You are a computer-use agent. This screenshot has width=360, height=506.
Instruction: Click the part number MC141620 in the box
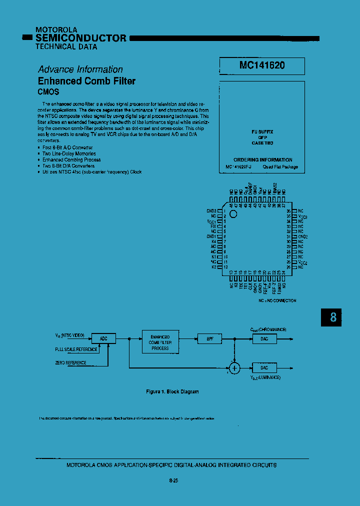(262, 65)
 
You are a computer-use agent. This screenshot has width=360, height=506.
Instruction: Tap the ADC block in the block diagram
(103, 338)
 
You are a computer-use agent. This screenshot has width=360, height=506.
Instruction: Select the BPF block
(209, 338)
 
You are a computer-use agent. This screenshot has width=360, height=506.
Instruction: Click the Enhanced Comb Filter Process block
(160, 342)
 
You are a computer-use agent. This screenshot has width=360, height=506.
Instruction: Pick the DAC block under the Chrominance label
(264, 338)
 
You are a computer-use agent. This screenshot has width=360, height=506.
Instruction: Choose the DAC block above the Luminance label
(264, 367)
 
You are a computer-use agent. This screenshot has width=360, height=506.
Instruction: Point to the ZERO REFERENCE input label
(70, 363)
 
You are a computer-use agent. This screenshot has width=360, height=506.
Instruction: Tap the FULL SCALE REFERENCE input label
(76, 349)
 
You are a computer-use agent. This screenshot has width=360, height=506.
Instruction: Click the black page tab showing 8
(333, 316)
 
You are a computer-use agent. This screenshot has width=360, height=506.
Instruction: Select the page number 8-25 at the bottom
(174, 480)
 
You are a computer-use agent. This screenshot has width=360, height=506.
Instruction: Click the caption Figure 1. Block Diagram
(172, 391)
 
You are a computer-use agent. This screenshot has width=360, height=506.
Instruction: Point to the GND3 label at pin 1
(211, 211)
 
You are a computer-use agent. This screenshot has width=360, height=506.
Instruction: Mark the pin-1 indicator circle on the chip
(233, 213)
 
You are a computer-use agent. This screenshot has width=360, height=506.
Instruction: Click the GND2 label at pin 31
(303, 236)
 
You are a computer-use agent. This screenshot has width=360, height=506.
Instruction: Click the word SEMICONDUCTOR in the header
(81, 38)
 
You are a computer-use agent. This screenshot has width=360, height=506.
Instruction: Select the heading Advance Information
(80, 69)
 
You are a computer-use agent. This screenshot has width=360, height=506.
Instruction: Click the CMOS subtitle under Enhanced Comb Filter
(48, 92)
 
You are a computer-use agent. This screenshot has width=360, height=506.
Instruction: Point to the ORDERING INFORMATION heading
(262, 160)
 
